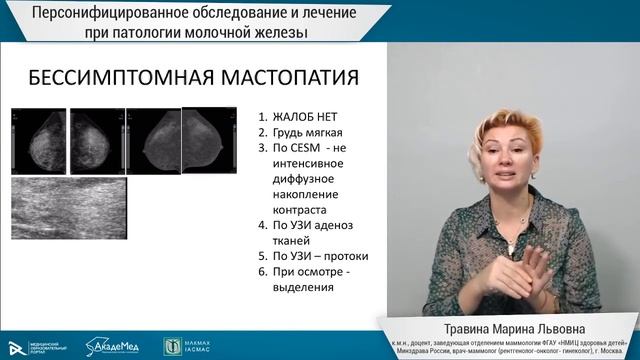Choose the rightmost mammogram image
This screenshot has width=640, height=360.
(x=204, y=144)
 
